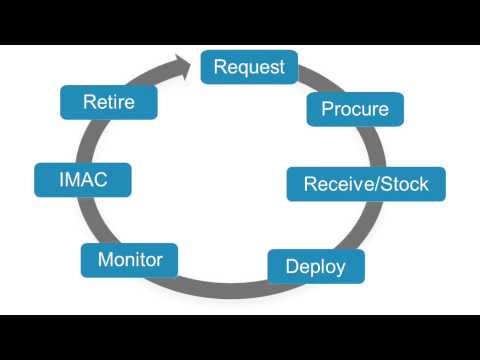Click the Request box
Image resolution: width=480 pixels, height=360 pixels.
point(249,67)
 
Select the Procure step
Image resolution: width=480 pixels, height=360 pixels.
point(355,108)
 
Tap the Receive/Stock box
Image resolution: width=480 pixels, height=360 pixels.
point(365,184)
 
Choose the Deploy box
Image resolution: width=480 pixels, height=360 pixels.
point(315,266)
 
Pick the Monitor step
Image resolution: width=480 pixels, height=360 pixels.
point(130,260)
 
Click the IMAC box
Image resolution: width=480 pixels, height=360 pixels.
point(83,181)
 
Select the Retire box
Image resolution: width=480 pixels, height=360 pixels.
point(110,101)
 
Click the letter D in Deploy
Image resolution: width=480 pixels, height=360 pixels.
point(291,266)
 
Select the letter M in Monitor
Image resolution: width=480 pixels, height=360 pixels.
point(104,260)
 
